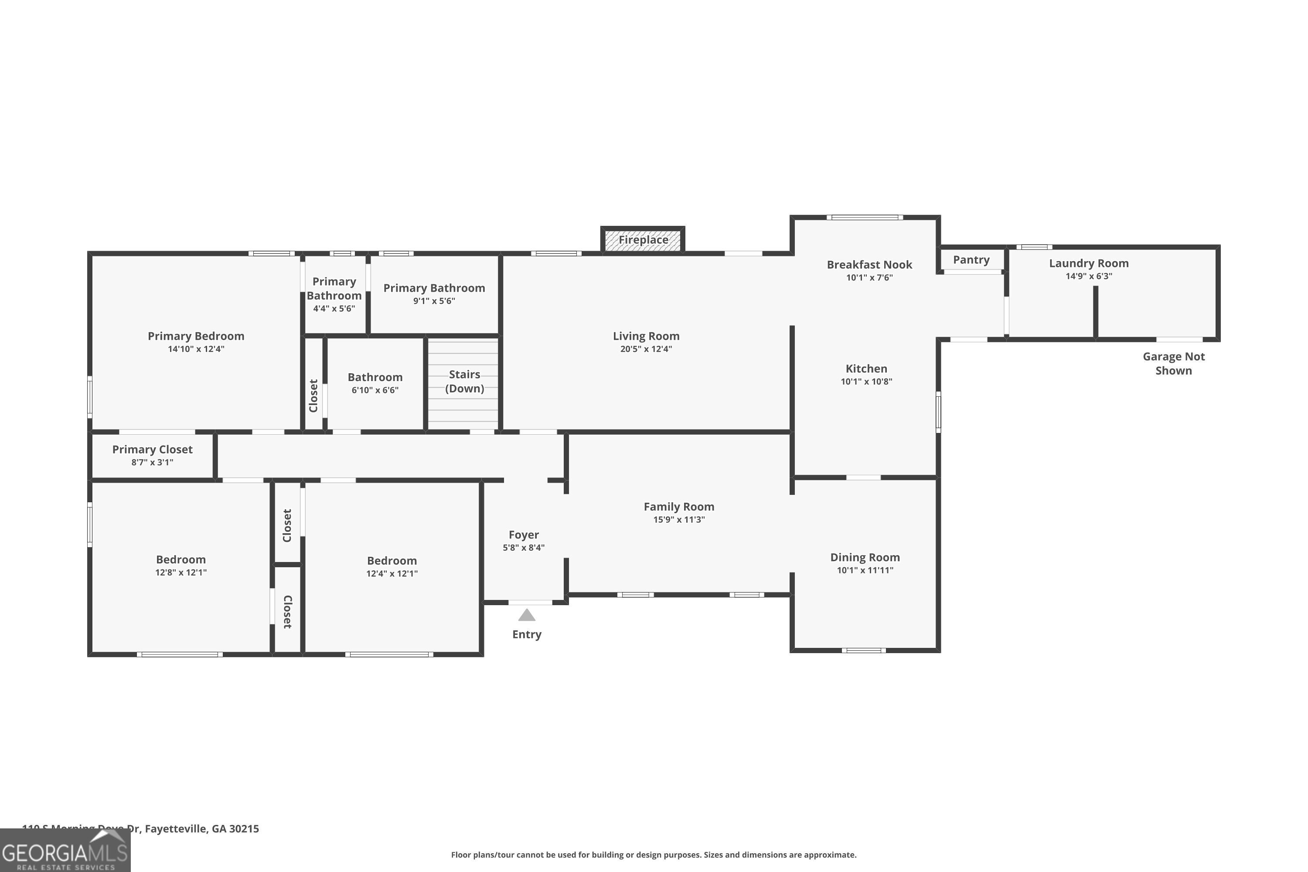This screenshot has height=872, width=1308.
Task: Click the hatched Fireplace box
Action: [x=642, y=240]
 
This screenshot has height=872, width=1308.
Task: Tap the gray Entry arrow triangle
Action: [x=527, y=615]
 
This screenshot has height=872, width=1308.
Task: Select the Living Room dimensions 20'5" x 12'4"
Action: [x=646, y=349]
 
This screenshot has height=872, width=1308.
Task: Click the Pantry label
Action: [x=971, y=260]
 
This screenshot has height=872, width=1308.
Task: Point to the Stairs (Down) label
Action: [x=464, y=381]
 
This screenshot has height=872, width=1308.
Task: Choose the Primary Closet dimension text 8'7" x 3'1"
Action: [x=152, y=463]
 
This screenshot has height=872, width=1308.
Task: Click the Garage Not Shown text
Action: [x=1173, y=364]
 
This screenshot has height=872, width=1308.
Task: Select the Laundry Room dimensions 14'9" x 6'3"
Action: [x=1088, y=276]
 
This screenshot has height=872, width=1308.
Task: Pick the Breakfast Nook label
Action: [x=869, y=265]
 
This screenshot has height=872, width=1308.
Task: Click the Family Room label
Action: [x=678, y=507]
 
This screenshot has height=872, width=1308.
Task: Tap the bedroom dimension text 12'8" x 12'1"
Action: [x=181, y=572]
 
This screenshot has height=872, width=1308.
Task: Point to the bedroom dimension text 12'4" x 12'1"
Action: [x=392, y=573]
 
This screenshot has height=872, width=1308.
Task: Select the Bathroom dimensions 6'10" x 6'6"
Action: [x=375, y=390]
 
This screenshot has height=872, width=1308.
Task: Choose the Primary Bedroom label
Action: [x=196, y=336]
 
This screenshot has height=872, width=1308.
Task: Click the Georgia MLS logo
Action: [x=65, y=851]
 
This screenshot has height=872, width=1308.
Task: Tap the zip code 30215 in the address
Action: [x=244, y=829]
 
